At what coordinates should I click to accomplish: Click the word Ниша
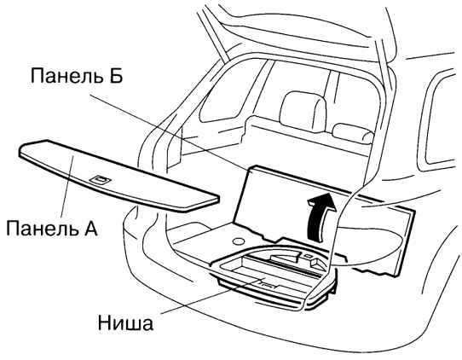[x=125, y=323]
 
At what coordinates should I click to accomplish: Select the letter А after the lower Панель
[x=88, y=228]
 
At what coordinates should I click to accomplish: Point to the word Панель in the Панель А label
[x=39, y=228]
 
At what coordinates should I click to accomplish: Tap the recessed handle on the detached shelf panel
[x=100, y=178]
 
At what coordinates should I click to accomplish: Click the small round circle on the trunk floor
[x=239, y=241]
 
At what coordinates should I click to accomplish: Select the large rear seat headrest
[x=303, y=109]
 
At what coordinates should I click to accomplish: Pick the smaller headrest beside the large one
[x=353, y=133]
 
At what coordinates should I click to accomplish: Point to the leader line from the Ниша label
[x=211, y=295]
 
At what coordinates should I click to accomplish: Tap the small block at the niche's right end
[x=315, y=263]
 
